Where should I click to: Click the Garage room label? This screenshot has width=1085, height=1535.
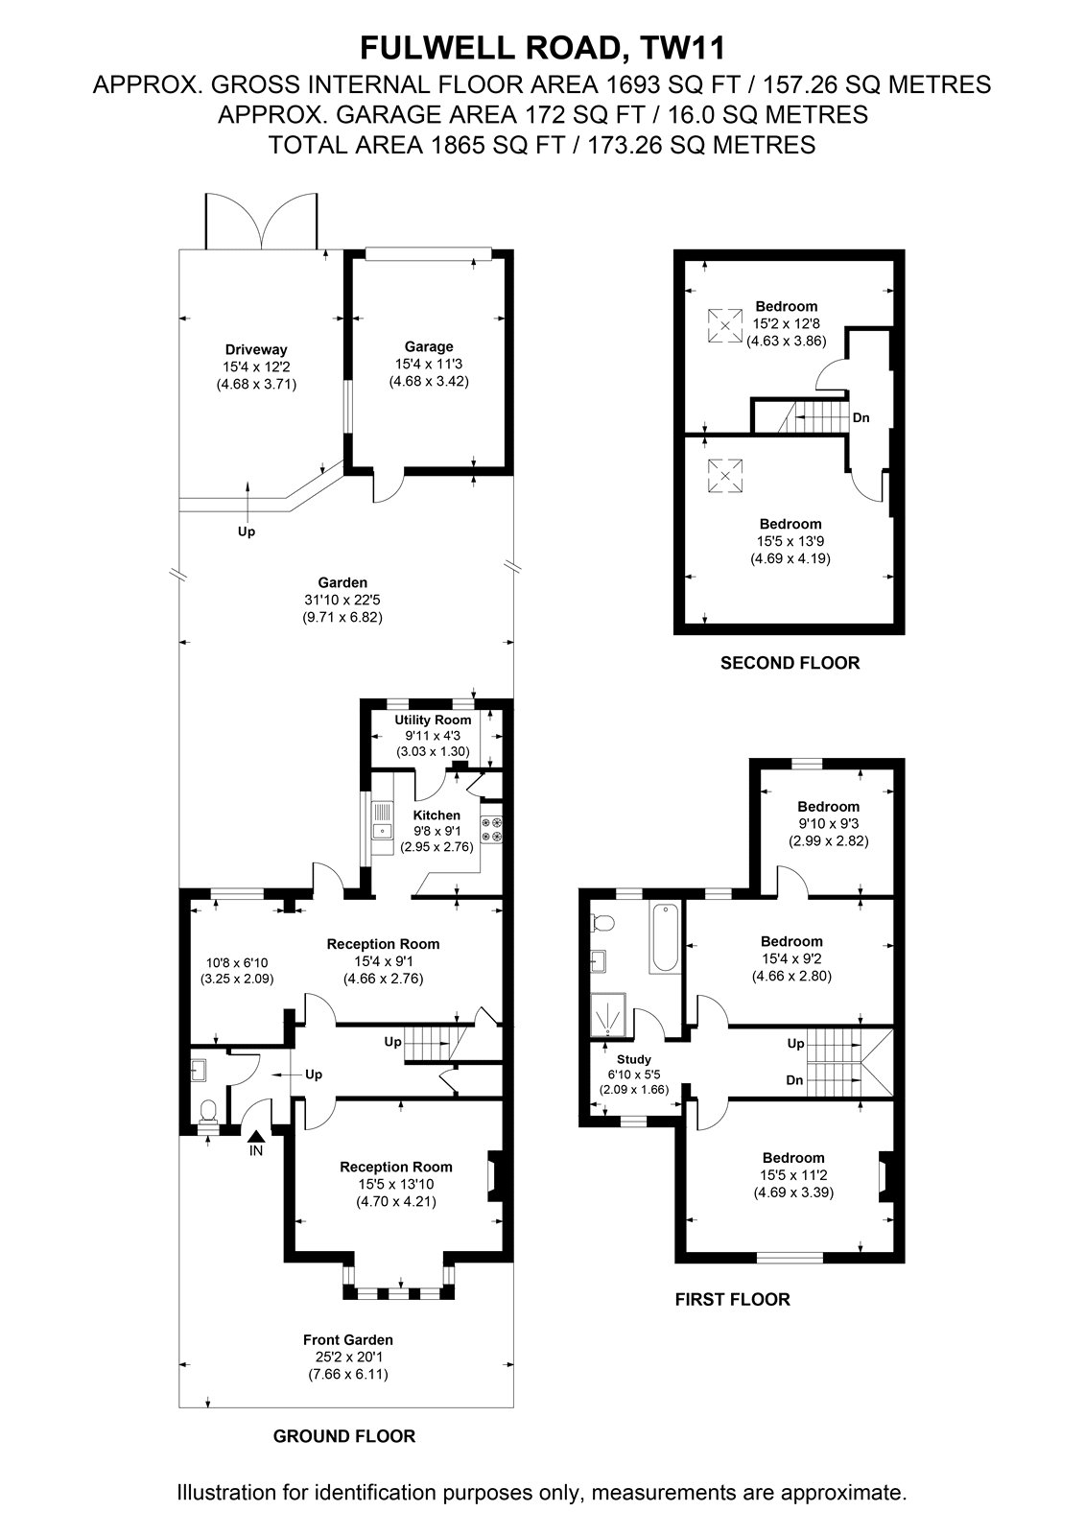click(429, 346)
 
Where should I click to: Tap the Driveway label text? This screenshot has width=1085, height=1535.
click(256, 349)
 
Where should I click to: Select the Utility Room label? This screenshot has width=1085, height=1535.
click(433, 720)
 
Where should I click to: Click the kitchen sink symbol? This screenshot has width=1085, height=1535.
click(383, 820)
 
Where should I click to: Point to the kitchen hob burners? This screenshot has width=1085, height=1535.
click(491, 829)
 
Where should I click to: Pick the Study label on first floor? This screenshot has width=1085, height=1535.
click(634, 1059)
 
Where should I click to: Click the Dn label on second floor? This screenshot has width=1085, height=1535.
click(861, 417)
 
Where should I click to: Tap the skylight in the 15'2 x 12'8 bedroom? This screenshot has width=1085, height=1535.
click(725, 325)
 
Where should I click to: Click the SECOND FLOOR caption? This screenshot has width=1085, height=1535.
click(790, 663)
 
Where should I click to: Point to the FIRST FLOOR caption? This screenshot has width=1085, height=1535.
click(732, 1299)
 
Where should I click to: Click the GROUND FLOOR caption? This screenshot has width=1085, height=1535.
click(344, 1436)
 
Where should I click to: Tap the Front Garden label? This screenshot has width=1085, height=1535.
click(348, 1339)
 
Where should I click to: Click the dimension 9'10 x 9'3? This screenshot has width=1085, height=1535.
click(828, 824)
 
